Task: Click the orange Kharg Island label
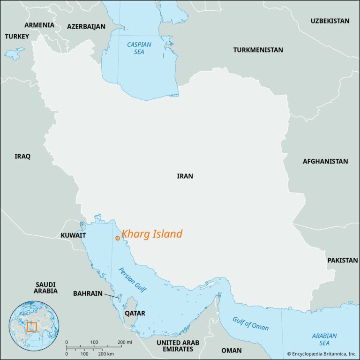152,234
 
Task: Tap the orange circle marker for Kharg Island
117,238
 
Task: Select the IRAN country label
185,176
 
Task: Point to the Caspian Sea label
139,48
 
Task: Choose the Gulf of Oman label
250,323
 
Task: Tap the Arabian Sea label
324,339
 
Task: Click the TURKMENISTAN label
258,50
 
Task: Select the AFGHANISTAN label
325,161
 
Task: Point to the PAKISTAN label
342,260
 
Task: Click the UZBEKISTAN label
330,21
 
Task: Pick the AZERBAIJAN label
86,27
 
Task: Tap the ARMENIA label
39,25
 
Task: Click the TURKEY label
17,36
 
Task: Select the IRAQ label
22,157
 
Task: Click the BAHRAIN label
88,293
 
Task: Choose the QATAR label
135,313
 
